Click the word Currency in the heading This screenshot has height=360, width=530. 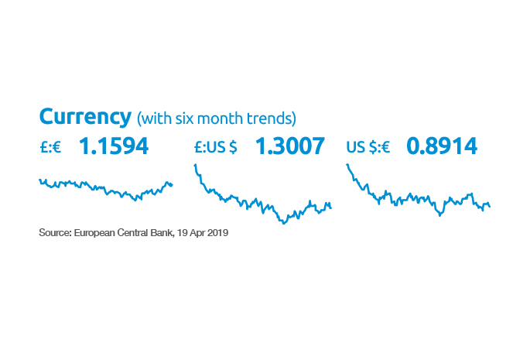click(84, 117)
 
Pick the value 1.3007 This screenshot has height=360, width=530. click(289, 146)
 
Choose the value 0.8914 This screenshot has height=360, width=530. click(442, 146)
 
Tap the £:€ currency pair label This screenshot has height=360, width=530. click(51, 146)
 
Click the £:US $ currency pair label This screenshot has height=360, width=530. click(215, 146)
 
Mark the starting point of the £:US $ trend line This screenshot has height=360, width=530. click(194, 164)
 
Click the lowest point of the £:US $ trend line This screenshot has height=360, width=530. click(283, 223)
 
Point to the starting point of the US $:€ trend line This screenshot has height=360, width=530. click(347, 164)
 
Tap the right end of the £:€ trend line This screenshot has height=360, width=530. click(173, 184)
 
